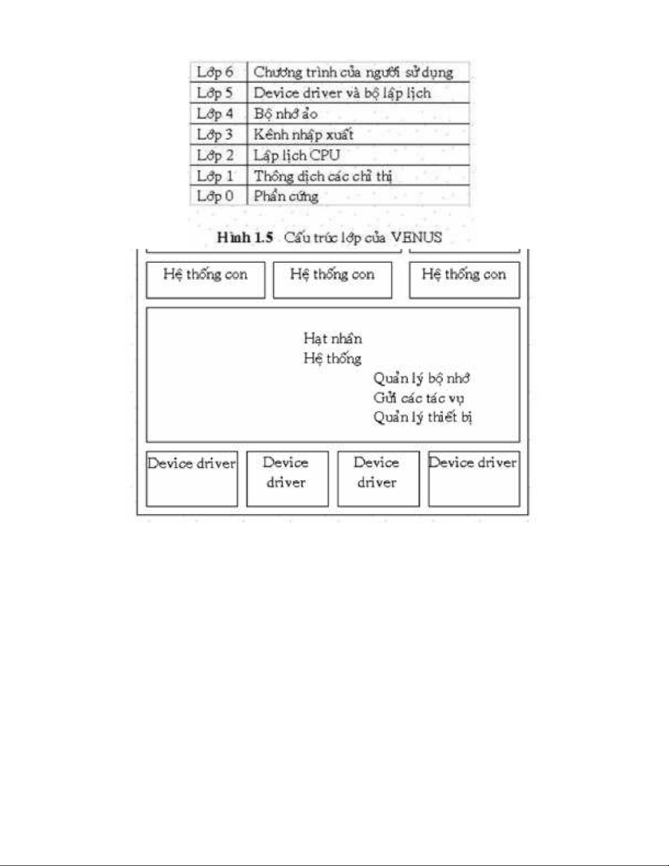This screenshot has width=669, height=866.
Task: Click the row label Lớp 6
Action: [x=215, y=72]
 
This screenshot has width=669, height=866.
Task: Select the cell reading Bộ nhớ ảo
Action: [x=285, y=114]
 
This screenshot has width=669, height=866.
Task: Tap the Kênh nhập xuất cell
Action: [x=303, y=134]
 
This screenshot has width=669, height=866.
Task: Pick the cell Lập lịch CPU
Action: [x=297, y=155]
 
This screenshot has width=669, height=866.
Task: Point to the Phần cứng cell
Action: [x=286, y=196]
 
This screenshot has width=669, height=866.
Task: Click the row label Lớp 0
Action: [x=215, y=196]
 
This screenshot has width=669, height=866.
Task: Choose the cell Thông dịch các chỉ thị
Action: [x=323, y=176]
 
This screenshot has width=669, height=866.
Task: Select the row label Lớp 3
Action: [x=215, y=134]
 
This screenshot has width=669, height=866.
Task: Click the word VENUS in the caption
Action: [x=416, y=237]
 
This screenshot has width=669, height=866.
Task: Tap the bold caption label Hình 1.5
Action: [x=245, y=237]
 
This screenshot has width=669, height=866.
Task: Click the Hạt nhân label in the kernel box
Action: [x=333, y=338]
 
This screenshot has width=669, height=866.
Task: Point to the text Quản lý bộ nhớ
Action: [x=421, y=378]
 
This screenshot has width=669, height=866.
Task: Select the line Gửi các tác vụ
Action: [x=418, y=398]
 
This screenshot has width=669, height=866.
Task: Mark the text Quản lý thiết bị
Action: [x=423, y=417]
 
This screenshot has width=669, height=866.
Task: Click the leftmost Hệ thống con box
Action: [x=205, y=280]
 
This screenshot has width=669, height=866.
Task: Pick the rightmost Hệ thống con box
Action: [x=464, y=280]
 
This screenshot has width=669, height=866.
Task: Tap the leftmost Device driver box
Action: [x=192, y=478]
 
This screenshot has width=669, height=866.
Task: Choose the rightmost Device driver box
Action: [x=473, y=478]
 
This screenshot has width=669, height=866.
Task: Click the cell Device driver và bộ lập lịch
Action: [x=342, y=93]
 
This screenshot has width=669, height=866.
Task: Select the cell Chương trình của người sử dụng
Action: [x=353, y=72]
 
